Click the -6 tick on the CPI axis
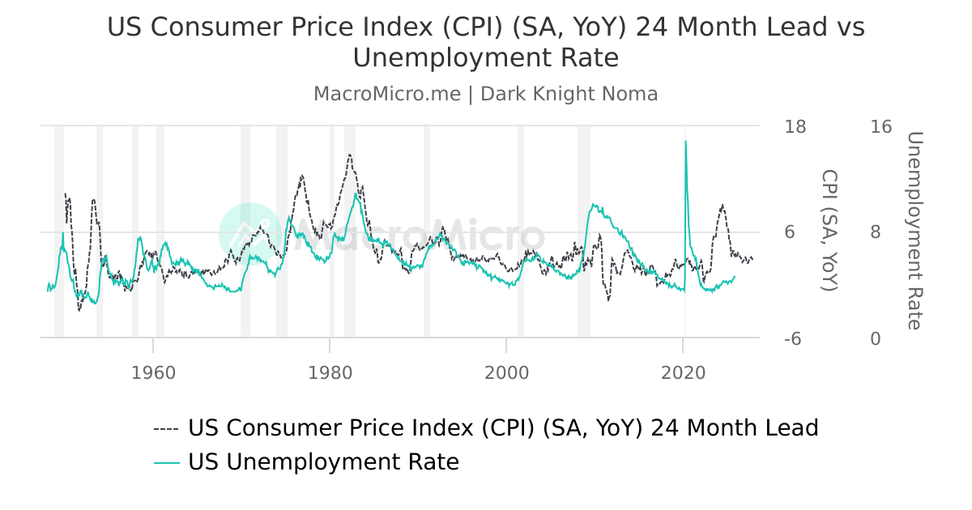click(793, 339)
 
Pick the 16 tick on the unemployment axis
click(880, 126)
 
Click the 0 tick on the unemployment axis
click(875, 339)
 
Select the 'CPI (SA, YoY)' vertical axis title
click(829, 231)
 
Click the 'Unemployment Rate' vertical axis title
click(914, 231)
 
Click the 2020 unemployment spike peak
click(685, 142)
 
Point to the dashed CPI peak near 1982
click(349, 155)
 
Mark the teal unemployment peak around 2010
click(595, 205)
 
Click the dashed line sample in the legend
click(166, 428)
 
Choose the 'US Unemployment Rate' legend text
click(323, 462)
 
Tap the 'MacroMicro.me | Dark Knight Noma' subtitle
click(486, 94)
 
